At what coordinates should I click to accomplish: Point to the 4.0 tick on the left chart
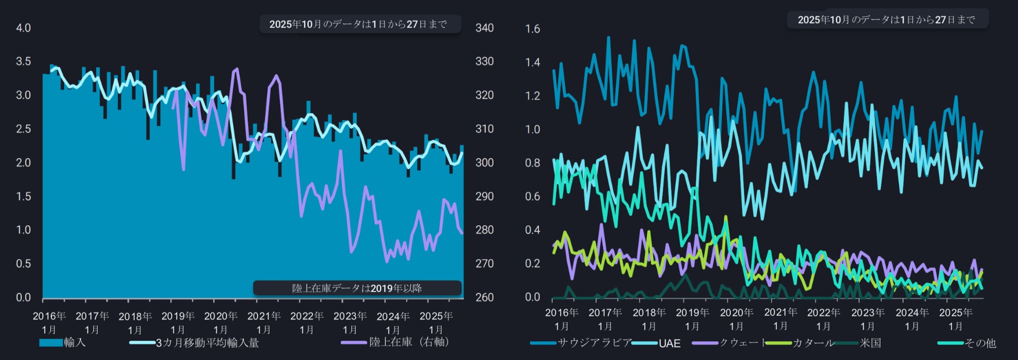(23, 28)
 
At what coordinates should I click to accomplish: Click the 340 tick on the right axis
(484, 28)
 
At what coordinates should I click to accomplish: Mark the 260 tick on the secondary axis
(484, 297)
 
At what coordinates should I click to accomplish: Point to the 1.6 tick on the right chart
(532, 29)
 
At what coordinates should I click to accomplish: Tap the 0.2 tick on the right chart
(532, 264)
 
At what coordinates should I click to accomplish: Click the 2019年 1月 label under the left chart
(178, 322)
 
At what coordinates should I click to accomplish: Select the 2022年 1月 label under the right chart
(823, 319)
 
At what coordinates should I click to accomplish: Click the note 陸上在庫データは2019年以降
(357, 288)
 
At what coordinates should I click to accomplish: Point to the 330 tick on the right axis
(484, 62)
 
